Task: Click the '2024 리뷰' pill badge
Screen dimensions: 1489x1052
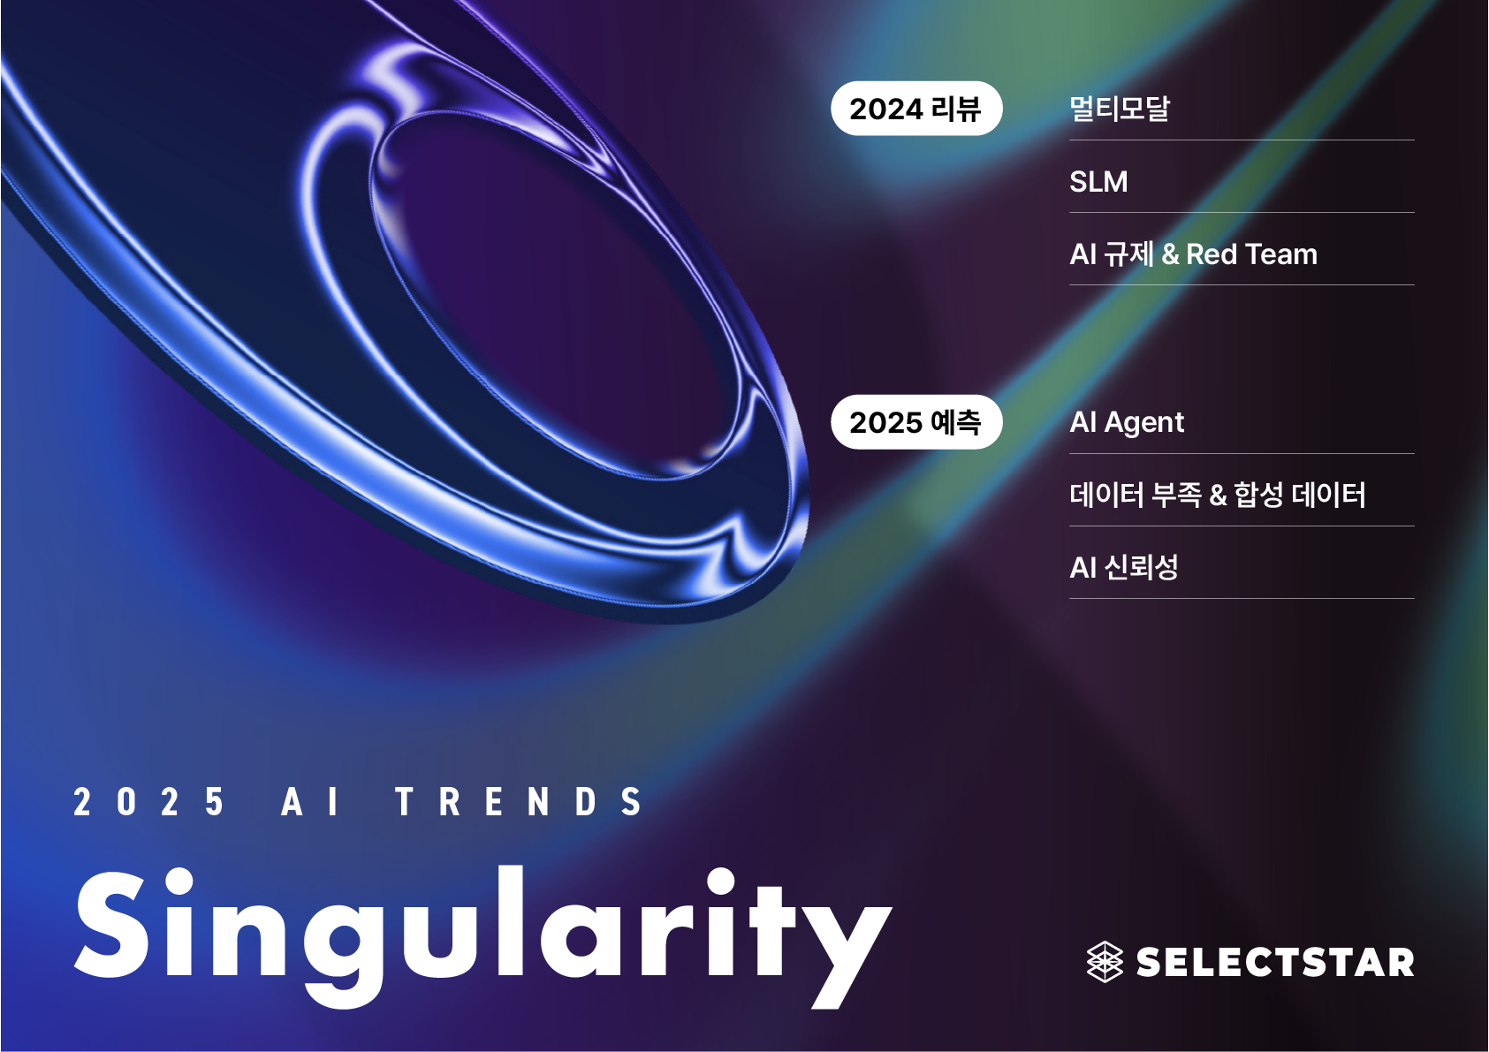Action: point(916,109)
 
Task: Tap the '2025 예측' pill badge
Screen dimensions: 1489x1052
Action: point(916,422)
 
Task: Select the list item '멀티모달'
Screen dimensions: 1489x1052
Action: point(1120,109)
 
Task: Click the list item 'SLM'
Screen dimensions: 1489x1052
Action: point(1098,181)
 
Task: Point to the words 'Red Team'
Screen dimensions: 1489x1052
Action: point(1251,254)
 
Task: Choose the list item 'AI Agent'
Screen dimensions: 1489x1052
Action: point(1127,423)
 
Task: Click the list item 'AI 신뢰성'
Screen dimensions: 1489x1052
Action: point(1124,568)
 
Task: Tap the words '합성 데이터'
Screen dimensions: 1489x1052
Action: point(1300,495)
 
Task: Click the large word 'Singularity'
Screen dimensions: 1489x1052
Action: point(482,937)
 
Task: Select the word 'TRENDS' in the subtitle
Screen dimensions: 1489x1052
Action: point(519,801)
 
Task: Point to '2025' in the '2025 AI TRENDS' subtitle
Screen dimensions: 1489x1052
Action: point(148,801)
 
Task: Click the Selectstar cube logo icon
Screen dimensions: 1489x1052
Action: point(1105,962)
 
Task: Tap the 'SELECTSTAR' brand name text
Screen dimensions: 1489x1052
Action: point(1275,962)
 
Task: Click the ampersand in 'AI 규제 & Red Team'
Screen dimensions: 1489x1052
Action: point(1170,254)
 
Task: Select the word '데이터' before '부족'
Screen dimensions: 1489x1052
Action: point(1106,495)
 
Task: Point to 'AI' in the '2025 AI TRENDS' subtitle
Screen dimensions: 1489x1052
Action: point(310,801)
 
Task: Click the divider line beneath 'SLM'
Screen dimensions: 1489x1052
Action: point(1242,213)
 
